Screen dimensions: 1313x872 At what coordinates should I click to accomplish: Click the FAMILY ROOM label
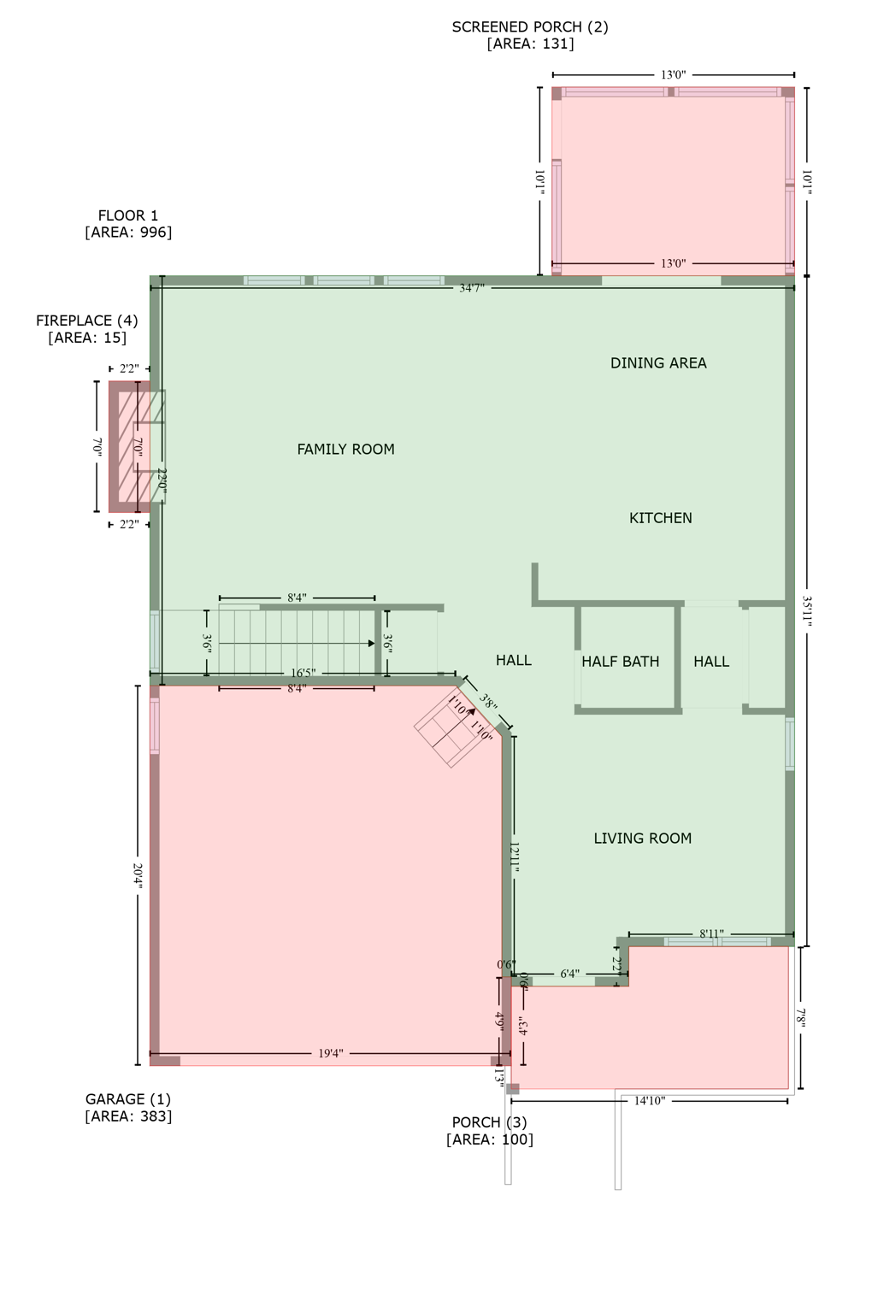coord(345,449)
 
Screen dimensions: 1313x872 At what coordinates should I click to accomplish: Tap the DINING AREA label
coord(658,362)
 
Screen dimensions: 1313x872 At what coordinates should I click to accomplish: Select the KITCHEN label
coord(660,517)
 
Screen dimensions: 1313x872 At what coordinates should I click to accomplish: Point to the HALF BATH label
coord(620,661)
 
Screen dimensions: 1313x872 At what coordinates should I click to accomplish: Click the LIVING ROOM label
coord(642,838)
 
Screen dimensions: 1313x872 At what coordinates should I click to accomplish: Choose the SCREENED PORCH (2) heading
coord(530,26)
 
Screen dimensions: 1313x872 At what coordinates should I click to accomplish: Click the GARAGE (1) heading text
coord(128,1099)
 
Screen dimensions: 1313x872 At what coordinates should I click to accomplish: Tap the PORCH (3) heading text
coord(489,1122)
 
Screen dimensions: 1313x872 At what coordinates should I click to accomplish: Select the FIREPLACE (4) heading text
coord(86,321)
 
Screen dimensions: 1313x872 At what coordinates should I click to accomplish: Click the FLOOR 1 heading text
coord(128,215)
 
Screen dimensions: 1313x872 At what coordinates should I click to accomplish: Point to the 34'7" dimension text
coord(472,288)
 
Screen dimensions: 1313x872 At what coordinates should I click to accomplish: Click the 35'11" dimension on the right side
coord(806,610)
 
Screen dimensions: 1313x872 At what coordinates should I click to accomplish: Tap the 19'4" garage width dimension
coord(330,1053)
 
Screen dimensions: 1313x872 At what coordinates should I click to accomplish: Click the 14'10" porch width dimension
coord(650,1101)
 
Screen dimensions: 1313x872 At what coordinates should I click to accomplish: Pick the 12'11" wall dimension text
coord(514,856)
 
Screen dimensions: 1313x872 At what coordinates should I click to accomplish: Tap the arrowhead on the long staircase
coord(371,643)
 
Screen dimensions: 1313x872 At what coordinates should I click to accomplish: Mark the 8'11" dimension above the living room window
coord(711,934)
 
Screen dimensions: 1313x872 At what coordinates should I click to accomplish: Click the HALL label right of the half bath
coord(710,661)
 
